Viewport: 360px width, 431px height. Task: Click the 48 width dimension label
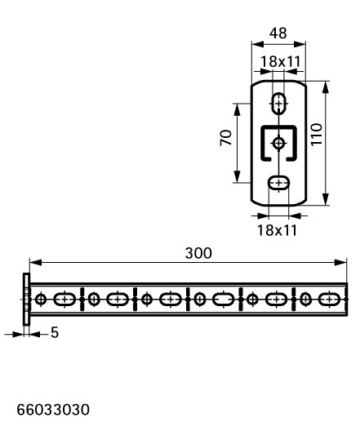tap(278, 33)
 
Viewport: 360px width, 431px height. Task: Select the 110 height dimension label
tap(317, 135)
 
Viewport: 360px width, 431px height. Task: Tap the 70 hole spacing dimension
tap(226, 138)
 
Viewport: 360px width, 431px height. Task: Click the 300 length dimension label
tap(198, 253)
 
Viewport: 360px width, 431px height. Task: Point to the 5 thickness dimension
tap(55, 332)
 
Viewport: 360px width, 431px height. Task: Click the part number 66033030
tap(53, 410)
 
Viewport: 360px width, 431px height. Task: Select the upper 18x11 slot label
tap(280, 61)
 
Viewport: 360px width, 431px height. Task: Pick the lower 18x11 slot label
tap(277, 230)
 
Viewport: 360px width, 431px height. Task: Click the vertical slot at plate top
tap(279, 104)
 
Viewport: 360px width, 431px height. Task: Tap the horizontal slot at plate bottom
tap(279, 183)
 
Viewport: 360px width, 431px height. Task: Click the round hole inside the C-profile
tap(279, 143)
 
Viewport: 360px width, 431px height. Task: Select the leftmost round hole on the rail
tap(41, 299)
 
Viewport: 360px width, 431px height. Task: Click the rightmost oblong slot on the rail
tap(330, 299)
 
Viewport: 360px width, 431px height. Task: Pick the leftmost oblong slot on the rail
tap(64, 299)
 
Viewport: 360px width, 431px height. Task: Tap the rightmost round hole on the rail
tap(305, 299)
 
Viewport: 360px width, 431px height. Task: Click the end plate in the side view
tap(26, 299)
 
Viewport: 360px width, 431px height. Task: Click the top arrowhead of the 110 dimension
tap(326, 87)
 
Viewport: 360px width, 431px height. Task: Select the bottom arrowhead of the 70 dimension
tap(238, 176)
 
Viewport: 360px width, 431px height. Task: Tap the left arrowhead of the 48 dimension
tap(258, 44)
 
